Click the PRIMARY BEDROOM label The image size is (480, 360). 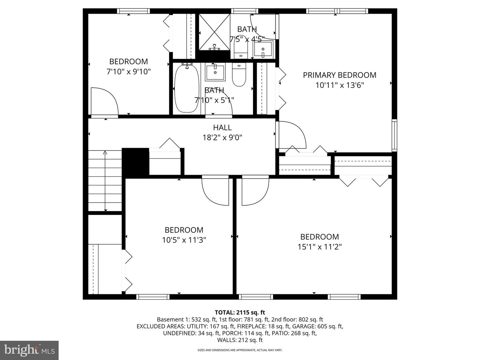339,75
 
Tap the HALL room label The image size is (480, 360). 222,127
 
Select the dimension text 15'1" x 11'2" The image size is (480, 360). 319,247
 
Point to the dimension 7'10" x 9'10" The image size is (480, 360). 128,71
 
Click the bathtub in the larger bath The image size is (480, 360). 187,88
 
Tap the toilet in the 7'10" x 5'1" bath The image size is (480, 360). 239,75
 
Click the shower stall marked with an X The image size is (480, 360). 214,32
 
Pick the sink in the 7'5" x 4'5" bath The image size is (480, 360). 263,49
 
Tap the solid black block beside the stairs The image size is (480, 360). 135,163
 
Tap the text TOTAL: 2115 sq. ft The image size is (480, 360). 240,312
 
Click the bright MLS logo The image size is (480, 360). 29,350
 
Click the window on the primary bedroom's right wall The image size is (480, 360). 394,135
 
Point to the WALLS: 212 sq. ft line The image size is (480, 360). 240,340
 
